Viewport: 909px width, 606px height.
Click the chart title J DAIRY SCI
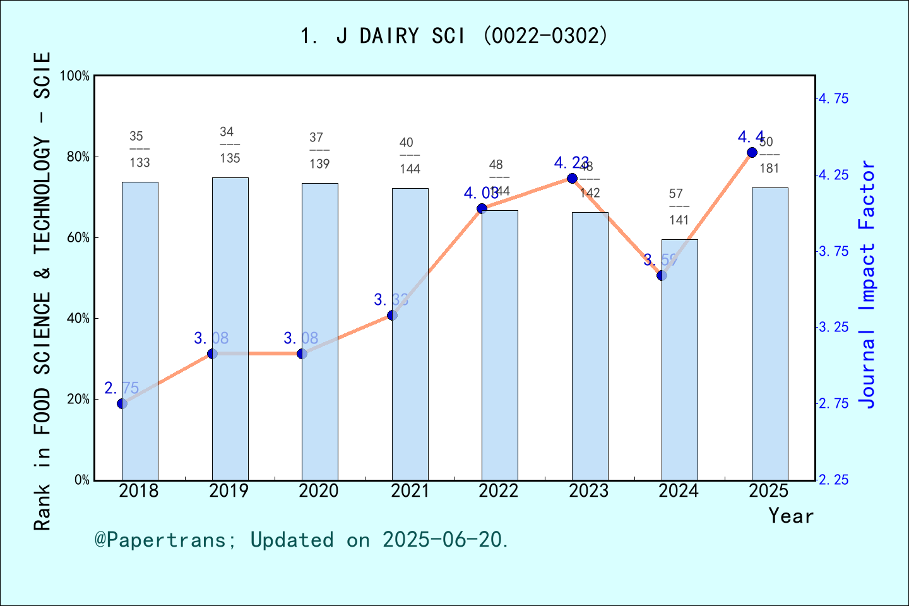[454, 36]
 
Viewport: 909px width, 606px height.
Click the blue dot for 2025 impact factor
[752, 153]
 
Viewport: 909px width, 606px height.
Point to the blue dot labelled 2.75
[122, 403]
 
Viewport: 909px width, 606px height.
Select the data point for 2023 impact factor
[572, 179]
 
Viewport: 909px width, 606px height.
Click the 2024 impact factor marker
[662, 275]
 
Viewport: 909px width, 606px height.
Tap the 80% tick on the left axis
[78, 157]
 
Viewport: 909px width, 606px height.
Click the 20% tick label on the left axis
[78, 399]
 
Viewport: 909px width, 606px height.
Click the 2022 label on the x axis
[499, 490]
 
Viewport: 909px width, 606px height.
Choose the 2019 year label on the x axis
[229, 490]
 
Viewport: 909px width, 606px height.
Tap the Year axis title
[790, 516]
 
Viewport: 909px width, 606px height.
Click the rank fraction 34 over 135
[230, 145]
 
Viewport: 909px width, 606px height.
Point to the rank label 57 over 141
[679, 206]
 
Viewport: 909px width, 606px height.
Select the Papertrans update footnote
[302, 540]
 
